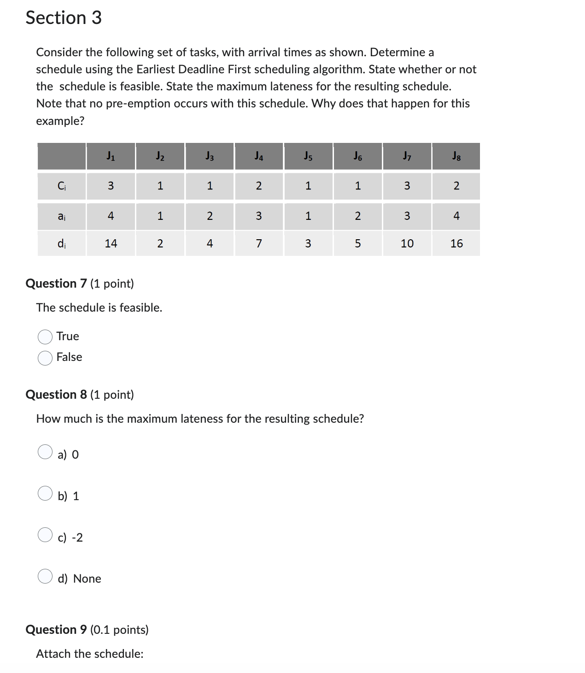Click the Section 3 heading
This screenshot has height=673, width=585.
coord(64,18)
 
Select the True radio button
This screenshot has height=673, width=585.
coord(45,337)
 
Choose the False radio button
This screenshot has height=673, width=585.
coord(45,358)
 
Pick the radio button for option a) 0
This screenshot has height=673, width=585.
coord(45,452)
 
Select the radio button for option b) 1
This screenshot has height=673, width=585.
coord(45,493)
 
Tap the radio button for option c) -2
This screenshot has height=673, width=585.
coord(45,535)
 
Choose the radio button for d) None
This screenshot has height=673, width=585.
coord(45,576)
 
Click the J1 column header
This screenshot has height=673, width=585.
coord(111,157)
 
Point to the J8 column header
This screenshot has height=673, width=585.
coord(456,157)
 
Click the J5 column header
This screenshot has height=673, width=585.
coord(308,157)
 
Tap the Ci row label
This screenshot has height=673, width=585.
coord(62,186)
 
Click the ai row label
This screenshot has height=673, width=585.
coord(62,216)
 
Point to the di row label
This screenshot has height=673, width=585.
coord(62,243)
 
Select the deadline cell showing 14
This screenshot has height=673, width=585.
coord(111,243)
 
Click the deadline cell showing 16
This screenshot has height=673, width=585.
coord(456,243)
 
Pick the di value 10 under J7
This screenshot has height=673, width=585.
coord(407,243)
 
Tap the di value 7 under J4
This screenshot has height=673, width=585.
coord(258,243)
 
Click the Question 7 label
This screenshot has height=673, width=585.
coord(56,283)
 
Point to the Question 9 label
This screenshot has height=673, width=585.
coord(56,630)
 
